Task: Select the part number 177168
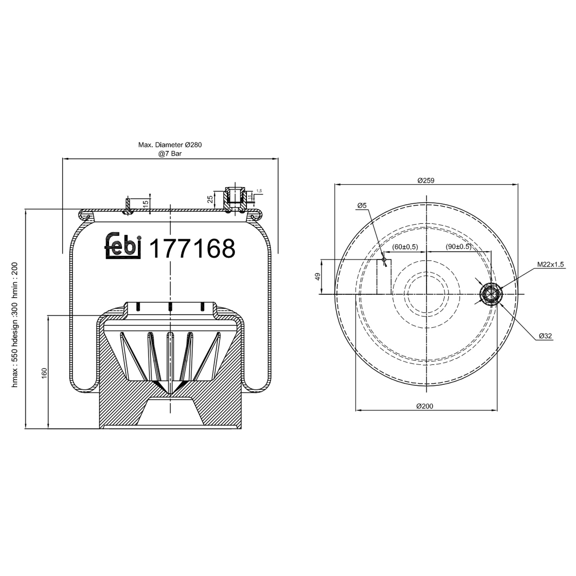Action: (192, 248)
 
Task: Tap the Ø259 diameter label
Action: (425, 180)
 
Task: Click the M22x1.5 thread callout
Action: (550, 264)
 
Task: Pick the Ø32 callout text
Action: (545, 336)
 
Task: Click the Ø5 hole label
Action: (362, 205)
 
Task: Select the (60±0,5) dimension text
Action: (405, 247)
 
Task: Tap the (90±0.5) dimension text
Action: (458, 247)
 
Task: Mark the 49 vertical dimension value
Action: (318, 276)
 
